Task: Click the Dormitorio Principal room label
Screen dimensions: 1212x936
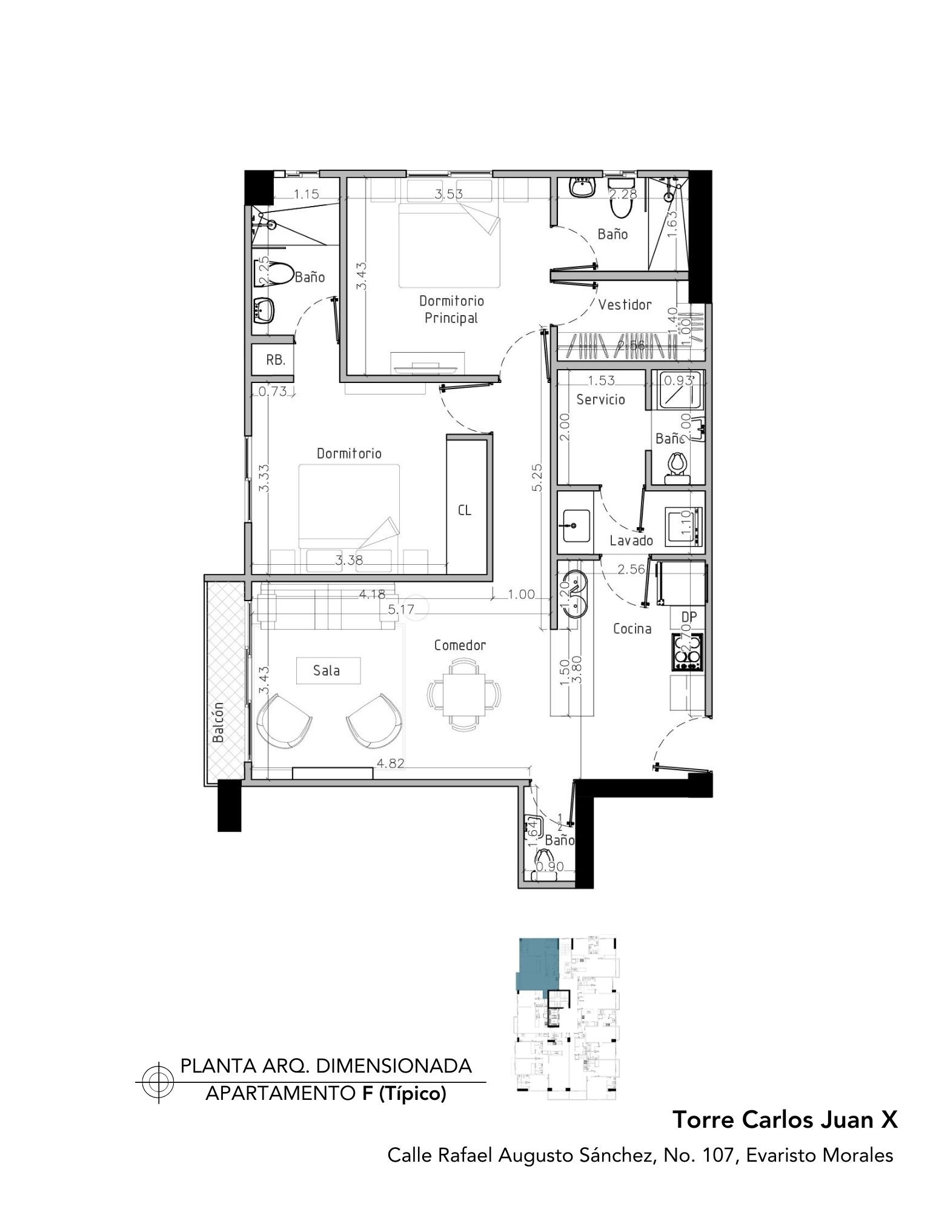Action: pyautogui.click(x=451, y=309)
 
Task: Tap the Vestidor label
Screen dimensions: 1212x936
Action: pyautogui.click(x=625, y=305)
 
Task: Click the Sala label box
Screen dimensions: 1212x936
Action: pyautogui.click(x=327, y=671)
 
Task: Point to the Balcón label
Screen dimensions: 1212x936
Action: pyautogui.click(x=218, y=722)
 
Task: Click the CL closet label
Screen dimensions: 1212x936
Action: pyautogui.click(x=465, y=510)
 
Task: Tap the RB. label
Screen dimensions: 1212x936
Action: pyautogui.click(x=276, y=360)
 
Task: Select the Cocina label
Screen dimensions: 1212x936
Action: pyautogui.click(x=632, y=629)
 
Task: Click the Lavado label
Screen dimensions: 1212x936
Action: pyautogui.click(x=631, y=541)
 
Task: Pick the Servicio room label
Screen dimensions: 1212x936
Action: pyautogui.click(x=600, y=399)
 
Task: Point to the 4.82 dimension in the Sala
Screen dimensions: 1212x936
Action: pyautogui.click(x=390, y=763)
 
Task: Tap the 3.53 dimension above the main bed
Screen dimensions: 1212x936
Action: pyautogui.click(x=449, y=194)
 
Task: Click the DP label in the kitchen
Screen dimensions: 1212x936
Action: pyautogui.click(x=689, y=617)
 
